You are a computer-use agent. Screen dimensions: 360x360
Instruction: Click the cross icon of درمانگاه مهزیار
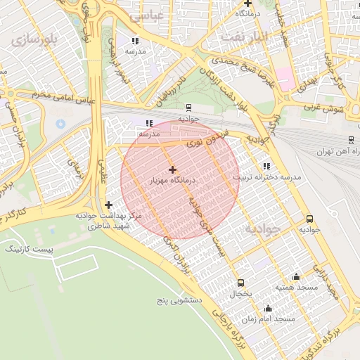(172, 169)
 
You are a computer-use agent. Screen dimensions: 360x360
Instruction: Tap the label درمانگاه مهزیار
(172, 181)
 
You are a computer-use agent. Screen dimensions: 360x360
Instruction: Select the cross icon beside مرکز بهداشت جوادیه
(108, 205)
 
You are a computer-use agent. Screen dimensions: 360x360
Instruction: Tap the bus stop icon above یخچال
(241, 283)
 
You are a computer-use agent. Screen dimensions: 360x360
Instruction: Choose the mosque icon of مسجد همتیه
(296, 276)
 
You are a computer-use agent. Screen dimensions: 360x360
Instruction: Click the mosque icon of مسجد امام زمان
(268, 308)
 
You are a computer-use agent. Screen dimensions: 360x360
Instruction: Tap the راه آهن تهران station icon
(351, 141)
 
